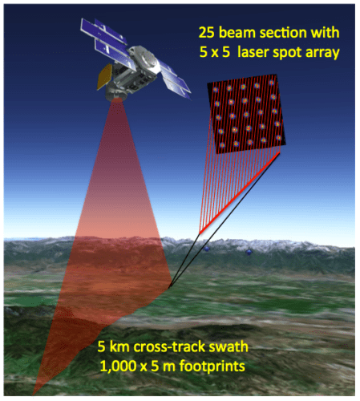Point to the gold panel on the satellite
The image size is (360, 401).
coord(103,77)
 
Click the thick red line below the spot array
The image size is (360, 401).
coord(241,192)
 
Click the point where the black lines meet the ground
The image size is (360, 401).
coord(171,286)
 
